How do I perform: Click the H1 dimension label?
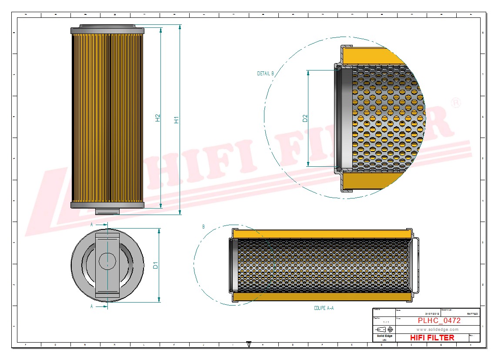[x=177, y=120]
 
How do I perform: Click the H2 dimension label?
[x=158, y=118]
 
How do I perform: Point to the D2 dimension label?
[x=305, y=118]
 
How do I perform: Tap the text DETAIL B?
[x=265, y=74]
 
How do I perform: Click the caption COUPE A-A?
[x=324, y=308]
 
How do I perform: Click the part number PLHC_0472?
[x=439, y=321]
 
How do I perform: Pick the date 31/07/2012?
[x=432, y=313]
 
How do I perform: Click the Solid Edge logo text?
[x=384, y=336]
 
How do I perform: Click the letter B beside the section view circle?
[x=203, y=227]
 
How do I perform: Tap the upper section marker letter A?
[x=91, y=225]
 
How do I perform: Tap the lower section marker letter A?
[x=91, y=306]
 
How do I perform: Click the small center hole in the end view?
[x=107, y=261]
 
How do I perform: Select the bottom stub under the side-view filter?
[x=107, y=212]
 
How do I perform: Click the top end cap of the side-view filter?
[x=107, y=30]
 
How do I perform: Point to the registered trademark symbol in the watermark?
[x=455, y=103]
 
